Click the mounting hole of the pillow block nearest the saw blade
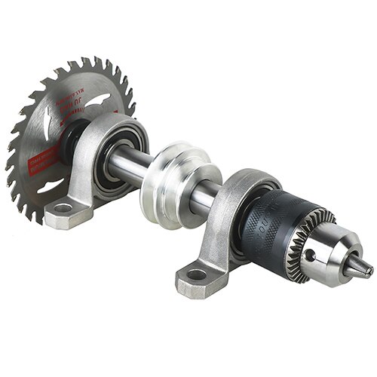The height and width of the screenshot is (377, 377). pyautogui.click(x=63, y=208)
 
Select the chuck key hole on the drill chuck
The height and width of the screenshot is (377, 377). pyautogui.click(x=310, y=255)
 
